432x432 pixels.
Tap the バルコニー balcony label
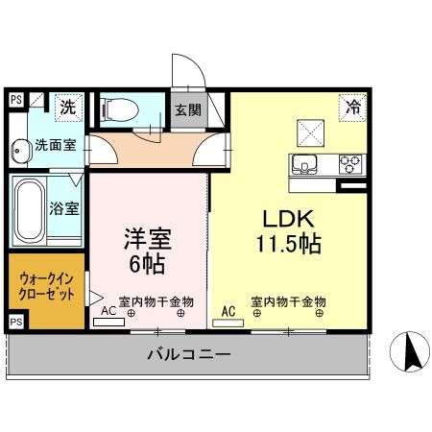pos(188,355)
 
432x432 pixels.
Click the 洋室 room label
pos(146,236)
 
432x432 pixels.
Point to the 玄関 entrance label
pos(186,108)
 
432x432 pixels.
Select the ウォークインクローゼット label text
pos(46,287)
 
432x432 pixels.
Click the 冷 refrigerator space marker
pos(352,107)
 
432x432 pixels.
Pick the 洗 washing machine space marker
pos(67,107)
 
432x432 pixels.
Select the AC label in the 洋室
pos(108,312)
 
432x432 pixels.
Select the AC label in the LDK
pos(228,311)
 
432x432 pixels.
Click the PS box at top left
pos(15,97)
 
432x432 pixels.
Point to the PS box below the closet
pos(15,321)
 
